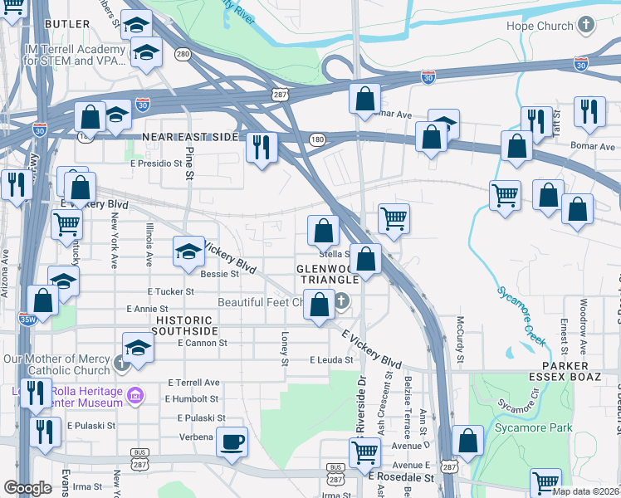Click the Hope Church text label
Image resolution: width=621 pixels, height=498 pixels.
click(x=540, y=26)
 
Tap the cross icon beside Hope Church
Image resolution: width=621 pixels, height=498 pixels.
click(x=586, y=26)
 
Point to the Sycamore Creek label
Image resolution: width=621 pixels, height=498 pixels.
click(x=523, y=316)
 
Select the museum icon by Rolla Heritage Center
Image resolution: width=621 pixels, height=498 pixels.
click(x=134, y=401)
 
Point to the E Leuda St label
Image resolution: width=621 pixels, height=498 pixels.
click(x=331, y=360)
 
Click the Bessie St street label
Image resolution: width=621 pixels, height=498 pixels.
click(x=220, y=272)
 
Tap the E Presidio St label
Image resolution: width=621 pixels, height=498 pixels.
click(x=155, y=164)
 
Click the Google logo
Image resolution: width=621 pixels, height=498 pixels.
click(x=28, y=487)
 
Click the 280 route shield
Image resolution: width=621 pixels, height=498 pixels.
click(x=183, y=55)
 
